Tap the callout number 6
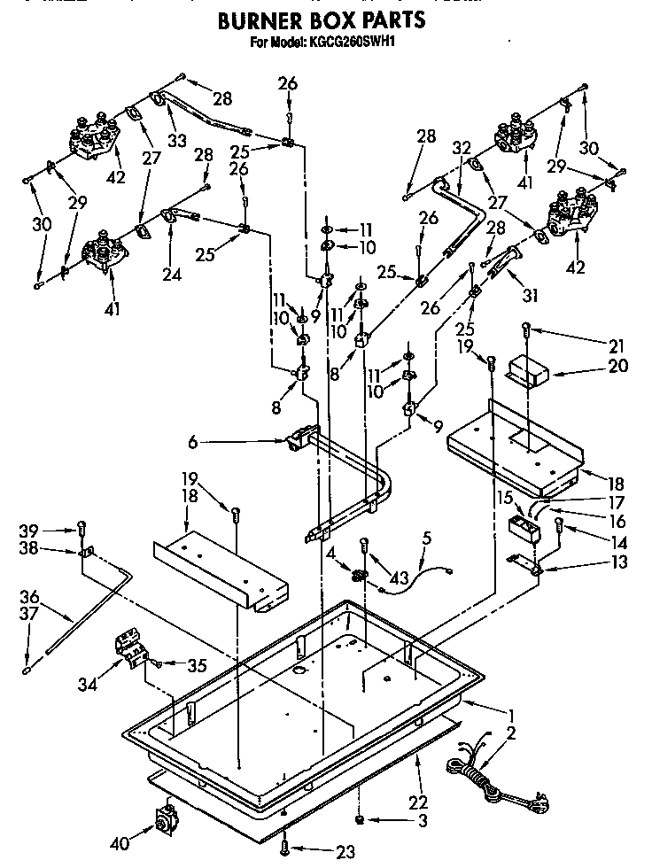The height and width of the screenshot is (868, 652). click(x=192, y=440)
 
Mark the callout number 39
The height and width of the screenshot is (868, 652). click(x=28, y=531)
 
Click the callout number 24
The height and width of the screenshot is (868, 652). click(x=171, y=274)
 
